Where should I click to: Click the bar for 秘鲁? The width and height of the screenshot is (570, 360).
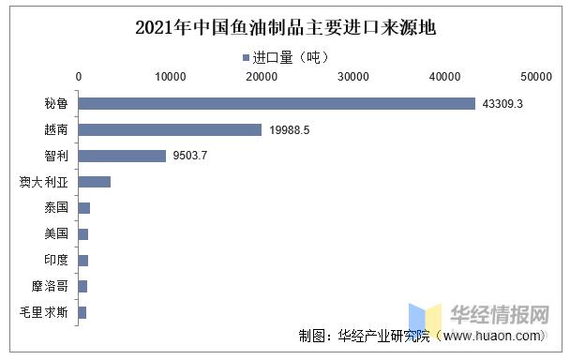coord(277,103)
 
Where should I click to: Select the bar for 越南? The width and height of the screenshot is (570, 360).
coord(170,129)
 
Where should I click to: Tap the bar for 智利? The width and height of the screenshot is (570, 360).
coord(122,156)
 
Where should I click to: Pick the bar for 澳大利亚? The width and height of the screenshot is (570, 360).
coord(95,182)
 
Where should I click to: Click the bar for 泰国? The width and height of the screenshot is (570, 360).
coord(84,207)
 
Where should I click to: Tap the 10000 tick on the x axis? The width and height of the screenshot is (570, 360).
coord(170,76)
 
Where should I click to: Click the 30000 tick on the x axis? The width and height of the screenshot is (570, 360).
coord(353,76)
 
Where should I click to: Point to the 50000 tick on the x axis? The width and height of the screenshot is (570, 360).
coord(536,76)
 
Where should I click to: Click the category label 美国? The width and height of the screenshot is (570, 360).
coord(56,233)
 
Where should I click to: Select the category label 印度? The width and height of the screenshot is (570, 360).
coord(56,260)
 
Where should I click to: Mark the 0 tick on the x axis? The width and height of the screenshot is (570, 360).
coord(79,76)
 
